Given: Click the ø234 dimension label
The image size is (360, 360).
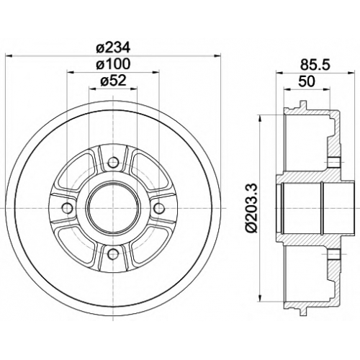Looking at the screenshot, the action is [x=113, y=48].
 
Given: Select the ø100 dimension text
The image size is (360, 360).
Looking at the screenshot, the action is [x=113, y=64].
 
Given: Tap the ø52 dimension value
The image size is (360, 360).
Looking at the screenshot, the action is [x=113, y=81].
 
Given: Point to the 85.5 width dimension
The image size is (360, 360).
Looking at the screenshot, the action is [x=315, y=65].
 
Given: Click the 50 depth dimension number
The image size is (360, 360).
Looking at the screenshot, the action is [x=306, y=81].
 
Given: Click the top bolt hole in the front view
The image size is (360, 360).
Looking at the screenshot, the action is [x=113, y=163].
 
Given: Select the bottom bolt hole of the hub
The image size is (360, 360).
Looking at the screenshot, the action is [x=113, y=253].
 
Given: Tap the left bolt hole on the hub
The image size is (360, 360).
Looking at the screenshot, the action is [x=68, y=208].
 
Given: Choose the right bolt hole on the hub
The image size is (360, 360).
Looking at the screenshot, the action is [x=158, y=208].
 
